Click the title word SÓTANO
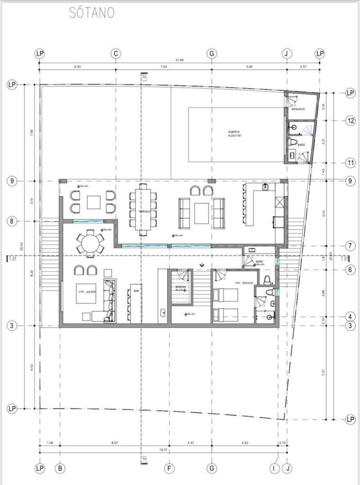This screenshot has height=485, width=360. (x=92, y=13)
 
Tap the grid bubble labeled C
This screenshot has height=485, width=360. (x=115, y=54)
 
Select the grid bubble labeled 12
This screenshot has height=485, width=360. (x=350, y=121)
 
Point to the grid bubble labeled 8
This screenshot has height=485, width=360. (x=12, y=222)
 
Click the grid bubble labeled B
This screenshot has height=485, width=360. (x=60, y=468)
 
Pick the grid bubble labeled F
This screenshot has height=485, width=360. (x=169, y=468)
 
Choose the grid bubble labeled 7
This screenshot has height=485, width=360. (x=350, y=246)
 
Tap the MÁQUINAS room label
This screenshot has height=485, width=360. (x=298, y=109)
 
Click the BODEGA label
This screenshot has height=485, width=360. (x=180, y=287)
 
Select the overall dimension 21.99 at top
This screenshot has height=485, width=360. (x=180, y=60)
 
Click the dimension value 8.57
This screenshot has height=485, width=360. (x=114, y=443)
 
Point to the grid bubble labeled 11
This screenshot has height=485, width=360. (x=350, y=163)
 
